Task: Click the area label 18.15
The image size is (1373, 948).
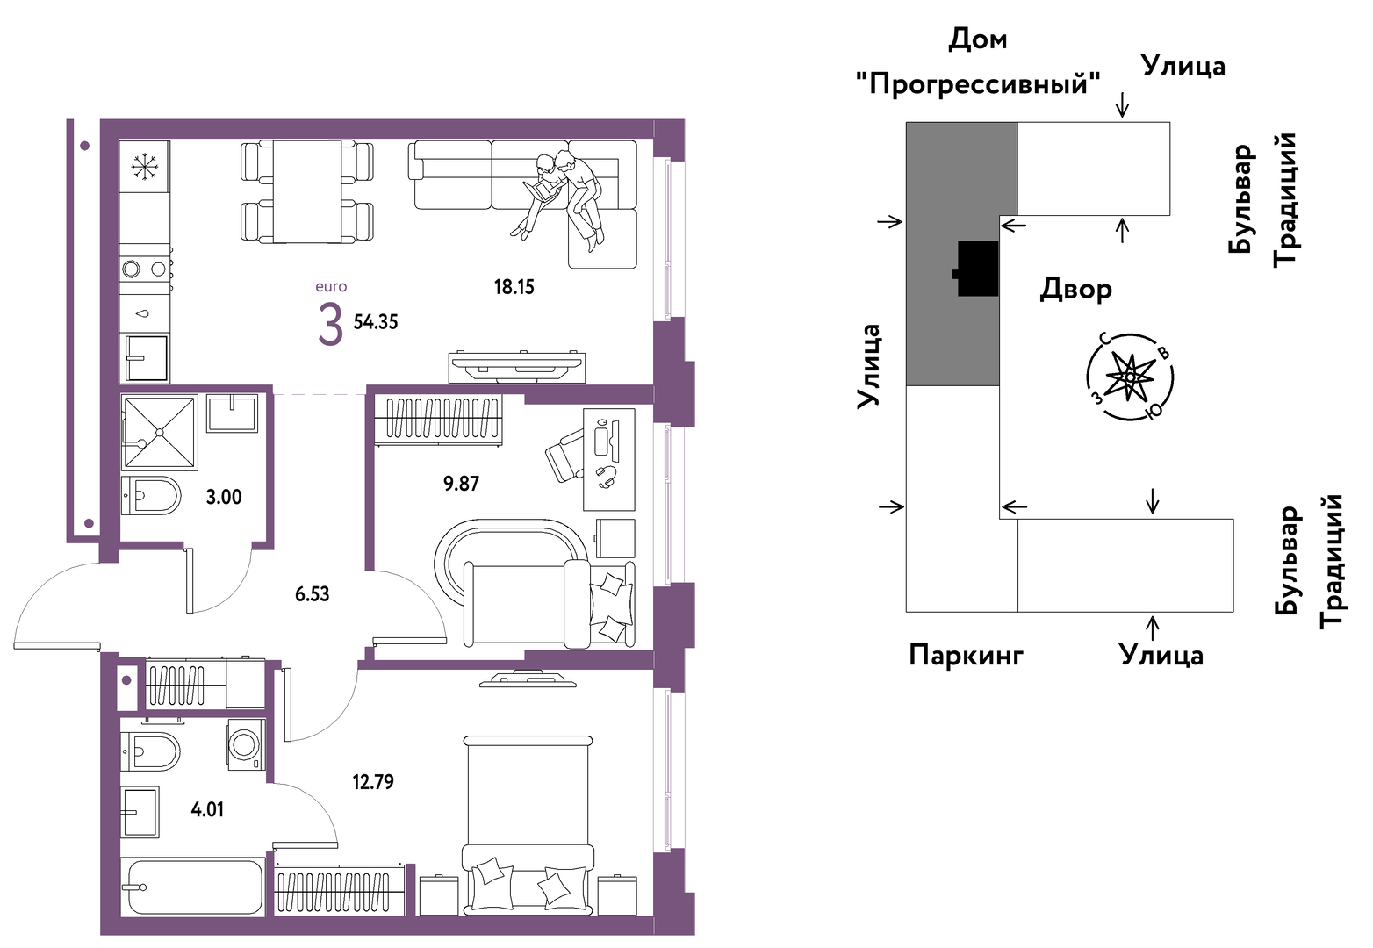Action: coord(514,287)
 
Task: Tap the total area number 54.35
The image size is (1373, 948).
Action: coord(376,322)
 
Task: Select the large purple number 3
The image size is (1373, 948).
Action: coord(330,326)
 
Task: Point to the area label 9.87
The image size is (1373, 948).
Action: coord(461,484)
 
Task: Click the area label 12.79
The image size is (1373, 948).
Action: coord(373,782)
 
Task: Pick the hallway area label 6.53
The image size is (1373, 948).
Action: coord(312,593)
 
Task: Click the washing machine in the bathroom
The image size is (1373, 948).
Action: coord(247,744)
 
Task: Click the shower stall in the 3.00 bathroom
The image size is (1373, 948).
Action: coord(160,432)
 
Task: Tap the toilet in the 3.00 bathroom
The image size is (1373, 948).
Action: coord(151,496)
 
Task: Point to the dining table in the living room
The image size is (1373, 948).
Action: coord(307,191)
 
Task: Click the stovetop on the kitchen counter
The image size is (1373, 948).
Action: coord(145,269)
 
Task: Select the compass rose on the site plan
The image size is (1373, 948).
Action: coord(1130,377)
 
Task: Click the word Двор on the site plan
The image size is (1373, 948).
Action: coord(1075,289)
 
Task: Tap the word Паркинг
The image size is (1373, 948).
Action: coord(966,655)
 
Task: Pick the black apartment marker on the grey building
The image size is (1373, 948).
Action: coord(976,269)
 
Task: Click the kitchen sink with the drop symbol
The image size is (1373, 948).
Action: coord(145,313)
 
